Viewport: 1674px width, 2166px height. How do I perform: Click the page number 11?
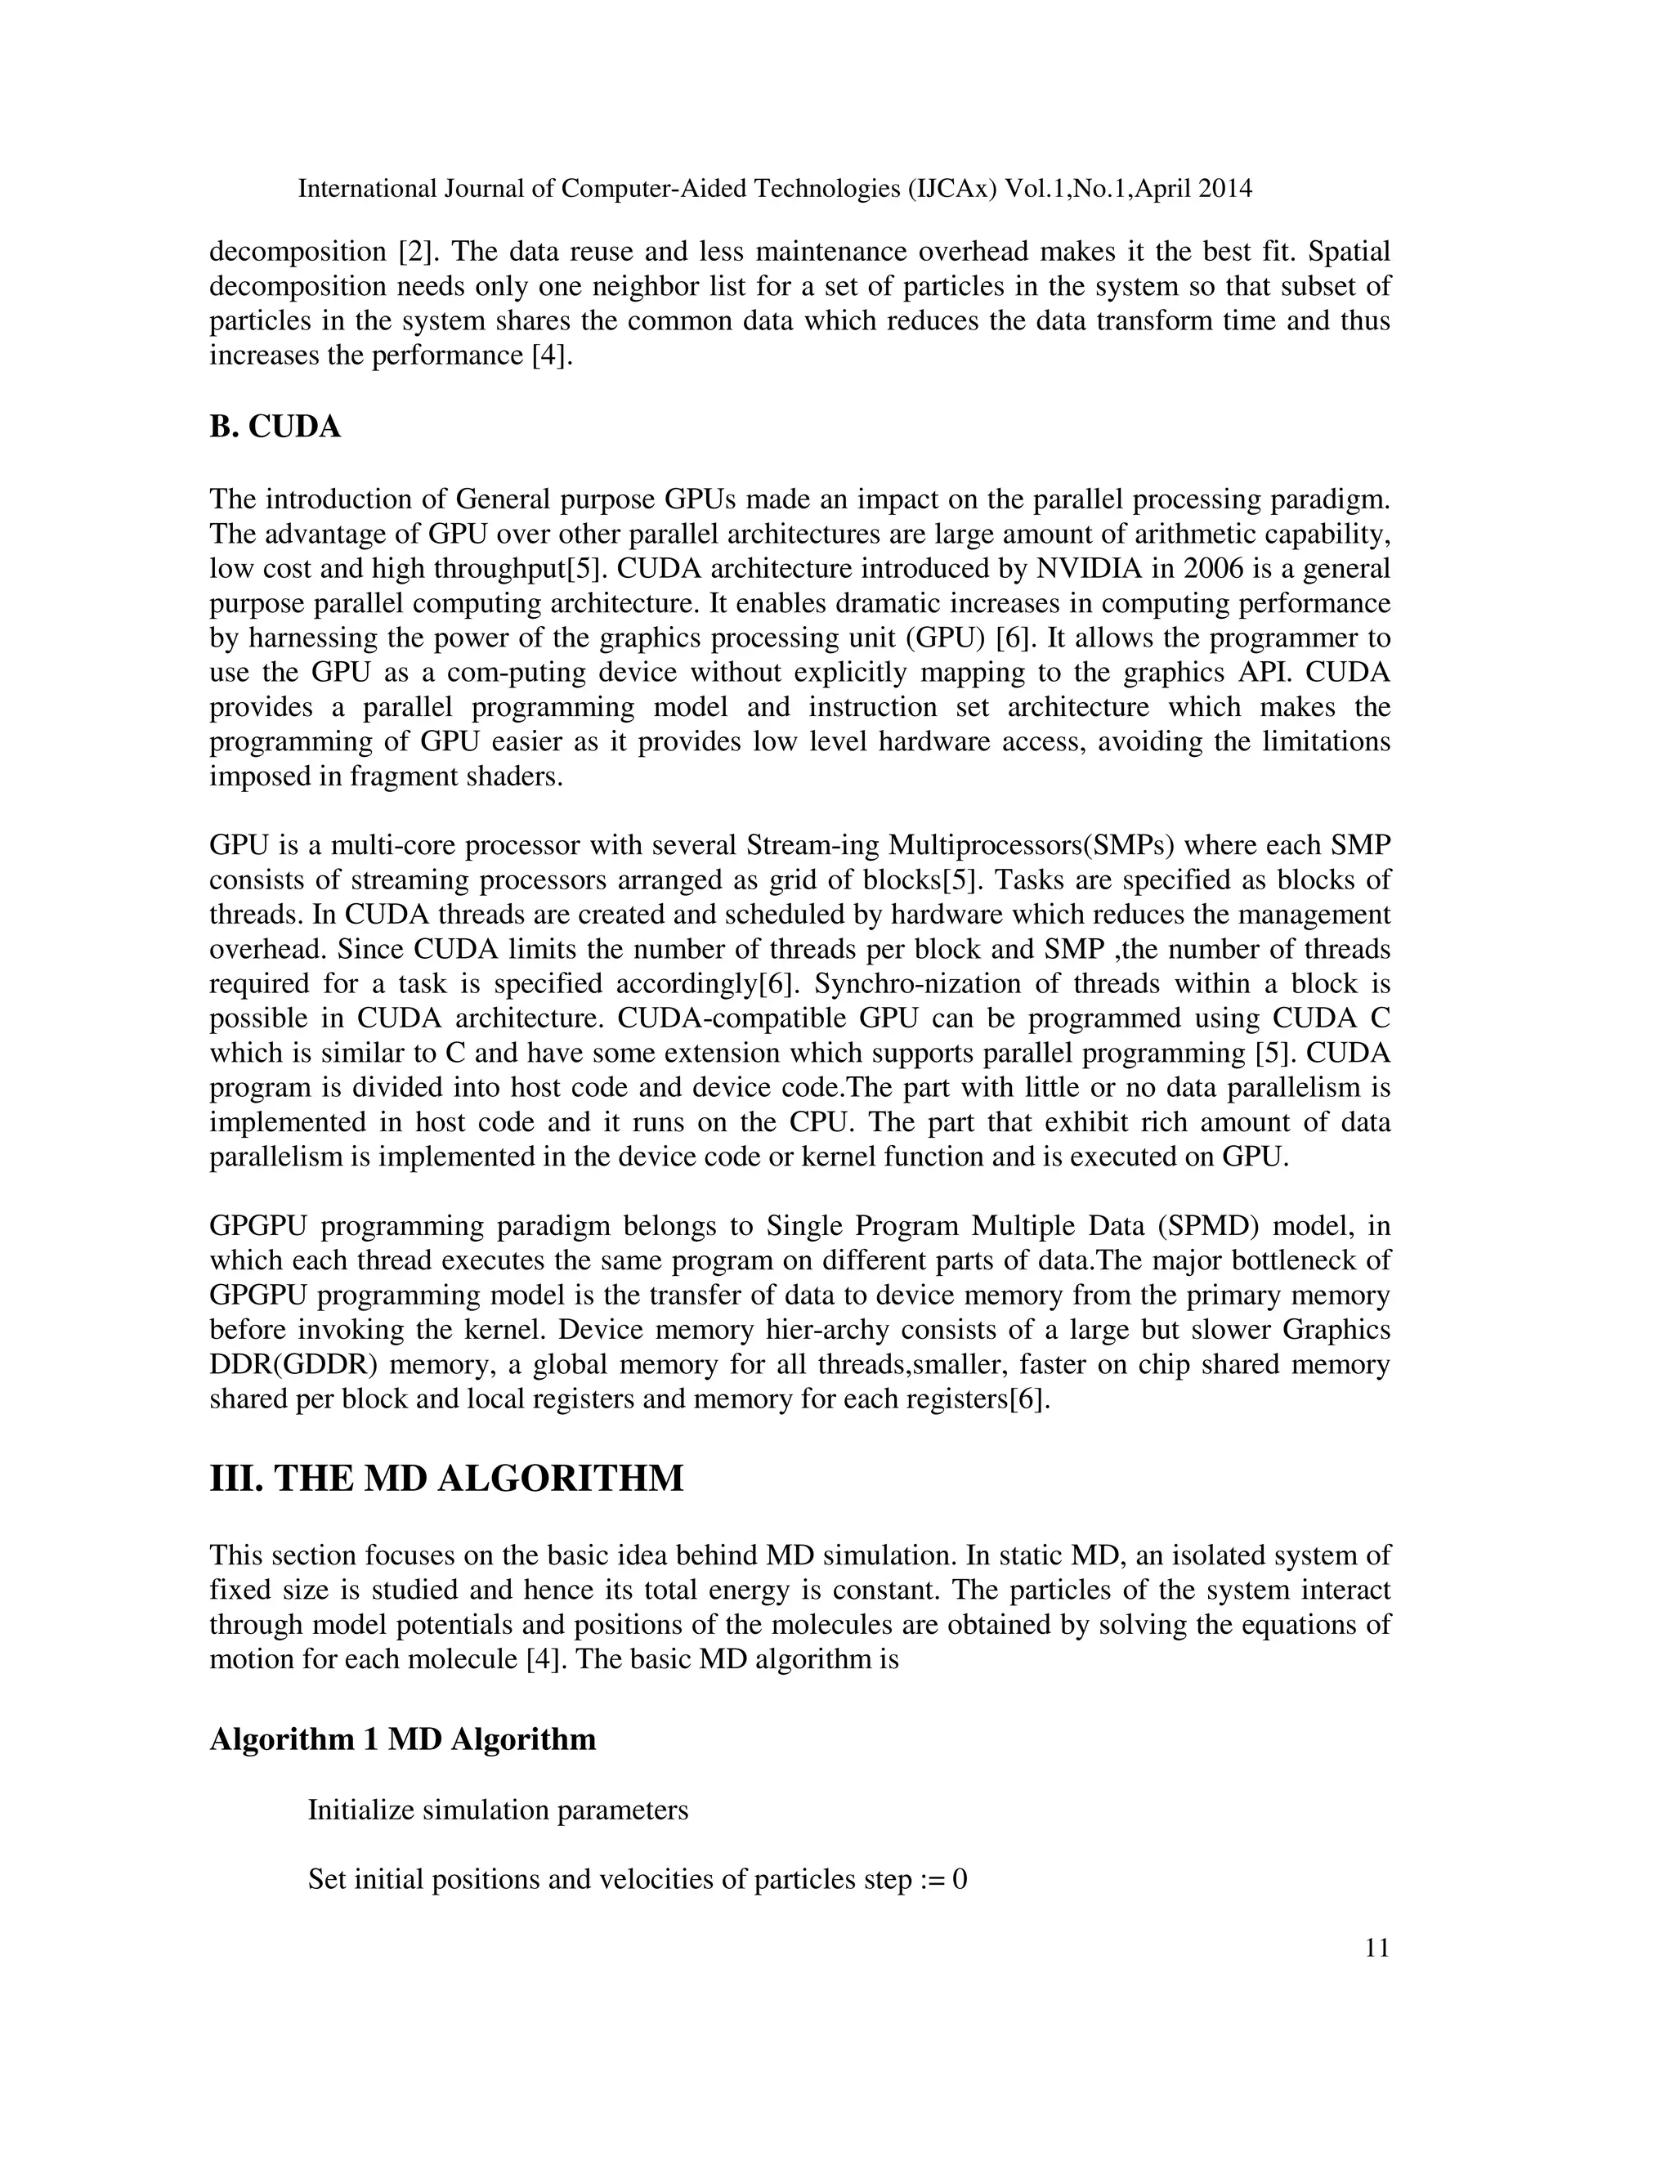[1376, 1976]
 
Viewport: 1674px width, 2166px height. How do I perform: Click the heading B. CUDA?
[275, 427]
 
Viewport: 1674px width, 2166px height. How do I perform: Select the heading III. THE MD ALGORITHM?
[446, 1478]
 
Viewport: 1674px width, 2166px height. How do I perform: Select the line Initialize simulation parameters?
[498, 1810]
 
